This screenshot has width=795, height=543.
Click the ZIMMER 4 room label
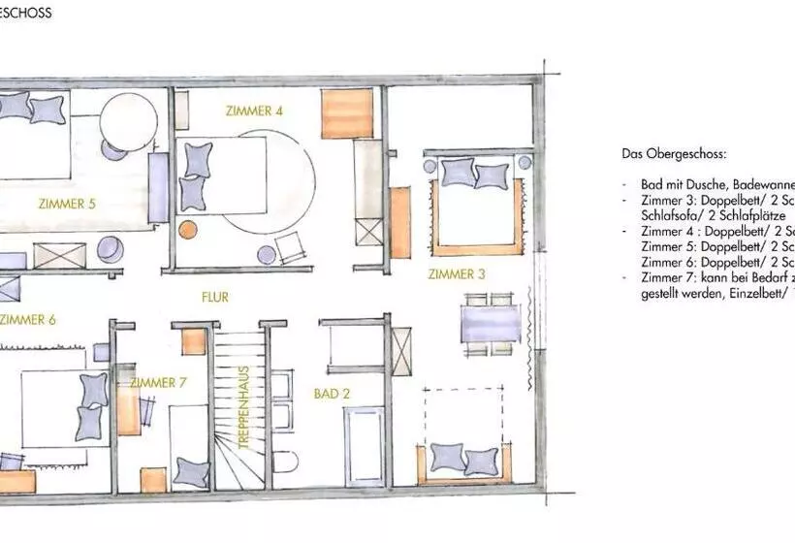[x=254, y=111]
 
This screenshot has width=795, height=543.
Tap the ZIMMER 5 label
[x=67, y=204]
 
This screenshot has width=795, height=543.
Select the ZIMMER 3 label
[x=457, y=274]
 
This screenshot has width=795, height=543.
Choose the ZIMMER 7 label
[x=158, y=382]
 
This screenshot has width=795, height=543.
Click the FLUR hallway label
[x=215, y=297]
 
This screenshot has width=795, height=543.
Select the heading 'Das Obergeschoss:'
[x=674, y=154]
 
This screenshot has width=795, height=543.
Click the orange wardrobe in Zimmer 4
[x=347, y=112]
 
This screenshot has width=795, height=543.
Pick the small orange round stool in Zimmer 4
[x=187, y=230]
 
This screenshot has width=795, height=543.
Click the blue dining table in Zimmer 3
[x=490, y=323]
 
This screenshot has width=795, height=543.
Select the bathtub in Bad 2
[x=365, y=445]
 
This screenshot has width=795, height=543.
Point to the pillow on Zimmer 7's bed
[x=191, y=474]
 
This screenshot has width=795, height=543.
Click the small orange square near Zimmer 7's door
[x=194, y=341]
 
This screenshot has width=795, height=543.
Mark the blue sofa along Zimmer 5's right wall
[x=158, y=189]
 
